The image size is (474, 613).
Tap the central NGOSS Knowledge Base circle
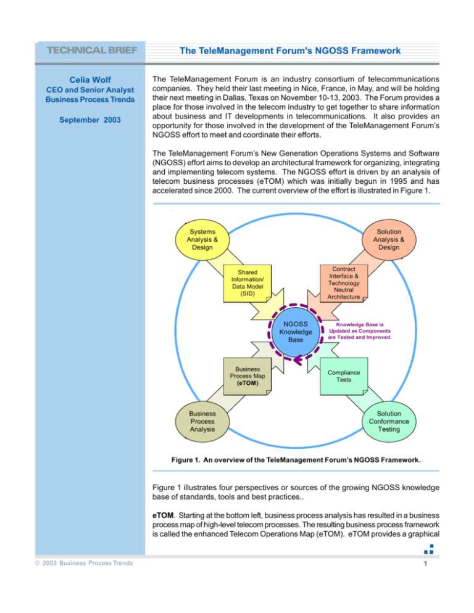coord(296,335)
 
